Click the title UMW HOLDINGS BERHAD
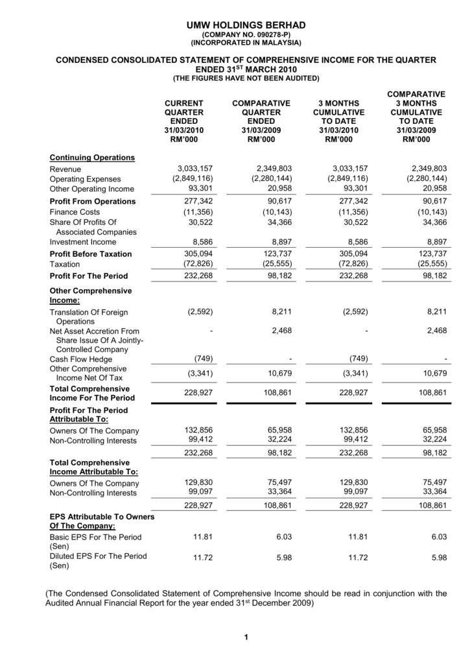coord(245,25)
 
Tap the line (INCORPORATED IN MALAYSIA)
coord(245,43)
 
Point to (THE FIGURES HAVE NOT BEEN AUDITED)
coord(245,78)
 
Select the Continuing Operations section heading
coord(92,158)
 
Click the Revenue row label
coord(65,169)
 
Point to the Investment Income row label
coord(83,242)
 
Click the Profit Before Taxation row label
coord(91,254)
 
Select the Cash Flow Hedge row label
coord(81,359)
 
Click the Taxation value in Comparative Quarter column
coord(272,264)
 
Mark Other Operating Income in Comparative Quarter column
coord(279,189)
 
